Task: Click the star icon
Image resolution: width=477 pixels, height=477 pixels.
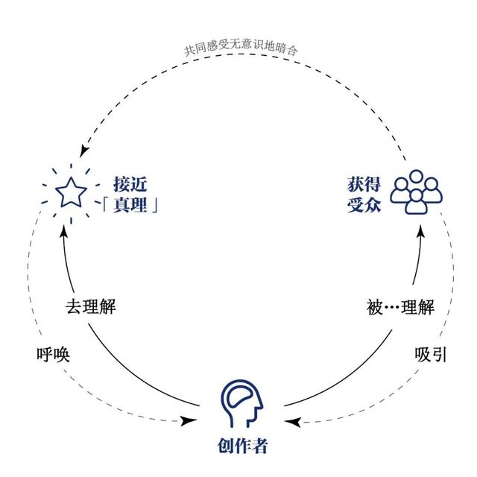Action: [x=70, y=193]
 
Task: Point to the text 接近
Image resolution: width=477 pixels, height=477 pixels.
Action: [x=128, y=182]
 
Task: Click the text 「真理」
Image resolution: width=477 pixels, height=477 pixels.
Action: [x=130, y=206]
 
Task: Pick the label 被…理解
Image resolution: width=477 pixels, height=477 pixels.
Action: [x=399, y=306]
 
